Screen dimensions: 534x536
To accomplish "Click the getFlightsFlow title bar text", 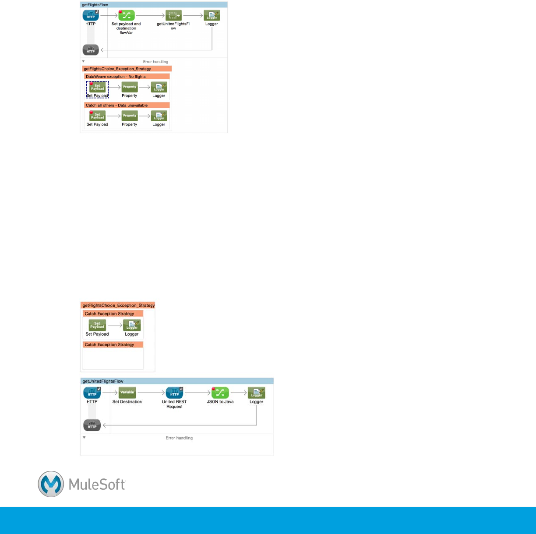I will [95, 5].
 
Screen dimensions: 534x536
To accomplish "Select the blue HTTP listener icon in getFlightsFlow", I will [91, 16].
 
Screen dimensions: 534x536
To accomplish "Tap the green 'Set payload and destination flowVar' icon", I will [127, 16].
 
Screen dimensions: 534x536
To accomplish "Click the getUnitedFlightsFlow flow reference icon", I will [173, 16].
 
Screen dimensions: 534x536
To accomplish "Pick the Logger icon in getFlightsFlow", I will [212, 16].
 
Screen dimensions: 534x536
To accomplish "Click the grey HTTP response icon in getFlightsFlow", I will [91, 50].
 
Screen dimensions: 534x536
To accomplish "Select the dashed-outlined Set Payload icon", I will [97, 87].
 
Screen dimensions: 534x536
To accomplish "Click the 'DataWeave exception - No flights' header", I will [116, 77].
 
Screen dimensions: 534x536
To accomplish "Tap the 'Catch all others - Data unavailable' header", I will [116, 105].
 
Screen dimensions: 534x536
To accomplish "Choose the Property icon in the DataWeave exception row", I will [130, 87].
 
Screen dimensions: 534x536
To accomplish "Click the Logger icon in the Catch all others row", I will [159, 116].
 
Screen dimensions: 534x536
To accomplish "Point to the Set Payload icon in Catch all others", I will [97, 116].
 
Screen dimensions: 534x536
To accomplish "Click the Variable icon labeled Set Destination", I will [127, 393].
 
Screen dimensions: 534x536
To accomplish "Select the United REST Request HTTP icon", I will [174, 393].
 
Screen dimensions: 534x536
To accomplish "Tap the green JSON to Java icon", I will [220, 393].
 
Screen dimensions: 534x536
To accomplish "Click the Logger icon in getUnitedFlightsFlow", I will [256, 393].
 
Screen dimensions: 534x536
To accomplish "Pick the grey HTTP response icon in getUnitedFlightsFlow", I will [92, 425].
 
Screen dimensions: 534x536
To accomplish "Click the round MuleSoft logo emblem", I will [51, 484].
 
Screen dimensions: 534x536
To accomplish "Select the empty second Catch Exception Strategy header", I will [109, 345].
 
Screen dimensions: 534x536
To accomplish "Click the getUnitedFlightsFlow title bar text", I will [103, 381].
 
